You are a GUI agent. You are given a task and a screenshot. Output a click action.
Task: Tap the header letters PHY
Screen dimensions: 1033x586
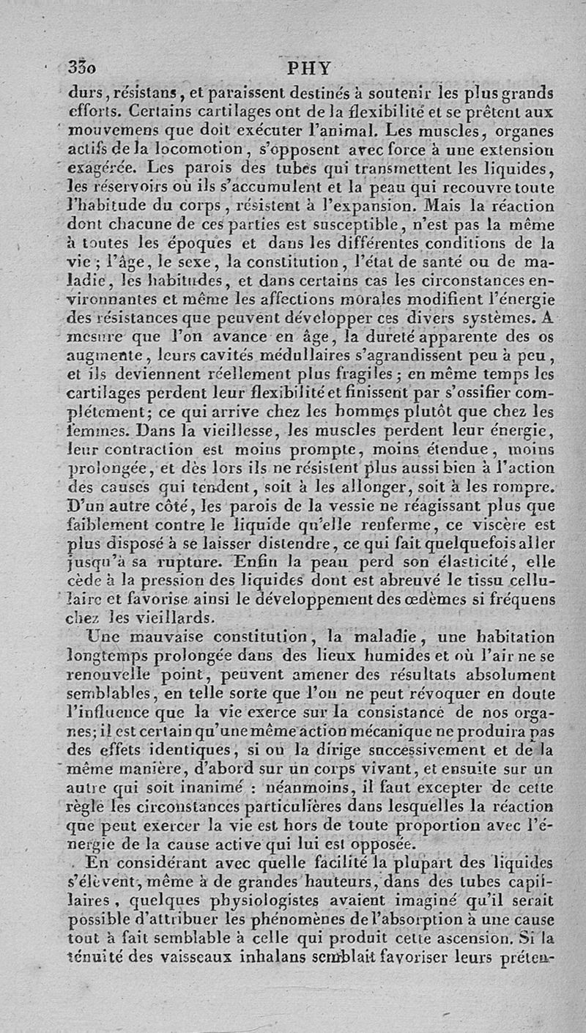pyautogui.click(x=310, y=68)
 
